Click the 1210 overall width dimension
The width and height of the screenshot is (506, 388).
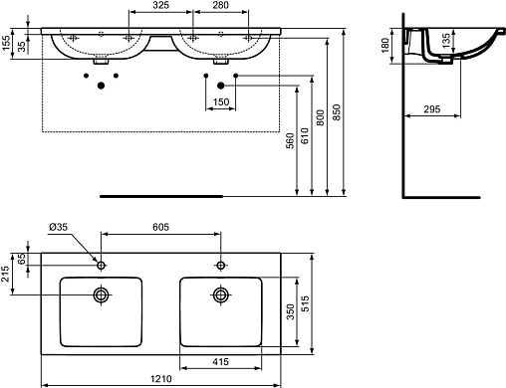click(x=161, y=379)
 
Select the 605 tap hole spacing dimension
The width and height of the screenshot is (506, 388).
click(x=160, y=227)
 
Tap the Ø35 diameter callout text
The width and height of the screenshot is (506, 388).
click(x=58, y=227)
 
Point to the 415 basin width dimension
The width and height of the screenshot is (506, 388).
click(x=221, y=361)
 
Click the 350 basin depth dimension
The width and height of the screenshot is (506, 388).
click(x=291, y=311)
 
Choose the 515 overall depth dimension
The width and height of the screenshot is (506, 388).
click(x=305, y=303)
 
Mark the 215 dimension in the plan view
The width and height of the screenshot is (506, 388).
click(x=5, y=274)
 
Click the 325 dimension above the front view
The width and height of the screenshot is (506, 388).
click(x=160, y=5)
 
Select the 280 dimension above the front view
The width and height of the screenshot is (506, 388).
click(x=220, y=5)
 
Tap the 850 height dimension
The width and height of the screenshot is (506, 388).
click(x=337, y=112)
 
